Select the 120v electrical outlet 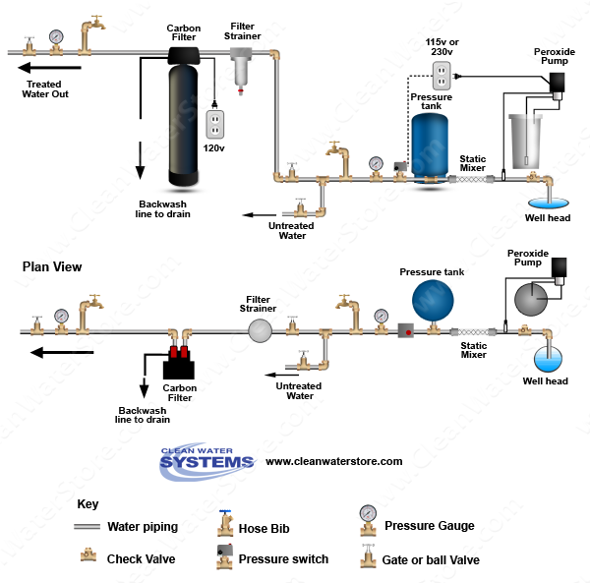214,123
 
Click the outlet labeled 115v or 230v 442,74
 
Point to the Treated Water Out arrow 49,68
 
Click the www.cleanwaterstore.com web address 334,461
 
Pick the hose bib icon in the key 224,523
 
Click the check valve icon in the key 88,556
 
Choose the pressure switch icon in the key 224,556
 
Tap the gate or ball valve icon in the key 367,557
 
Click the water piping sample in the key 88,528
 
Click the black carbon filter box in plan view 179,369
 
